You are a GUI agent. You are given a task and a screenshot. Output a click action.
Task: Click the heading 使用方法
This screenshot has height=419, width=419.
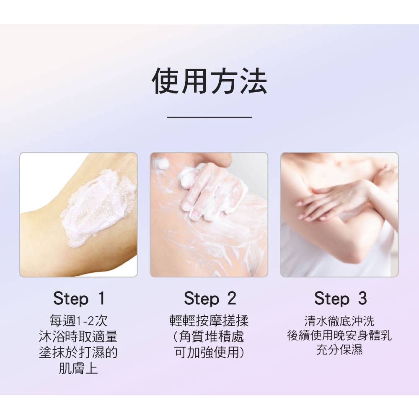pos(209,80)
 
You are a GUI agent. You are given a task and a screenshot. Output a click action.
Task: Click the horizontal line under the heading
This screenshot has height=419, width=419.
pos(209,117)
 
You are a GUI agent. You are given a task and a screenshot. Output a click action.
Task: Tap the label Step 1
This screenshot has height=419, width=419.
pos(79,298)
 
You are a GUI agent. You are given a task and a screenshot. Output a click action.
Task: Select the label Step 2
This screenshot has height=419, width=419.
pos(210,298)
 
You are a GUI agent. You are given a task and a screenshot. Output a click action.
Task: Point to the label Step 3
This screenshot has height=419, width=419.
pos(340,298)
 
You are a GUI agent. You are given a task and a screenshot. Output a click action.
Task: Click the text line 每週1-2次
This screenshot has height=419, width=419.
pos(78,321)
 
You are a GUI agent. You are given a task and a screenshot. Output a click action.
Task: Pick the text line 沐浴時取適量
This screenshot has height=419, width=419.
pos(78,336)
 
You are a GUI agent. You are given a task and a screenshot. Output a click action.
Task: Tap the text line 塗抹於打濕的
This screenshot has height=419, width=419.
pos(78,352)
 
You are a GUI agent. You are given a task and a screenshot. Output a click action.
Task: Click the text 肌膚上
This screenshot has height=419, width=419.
pos(78,368)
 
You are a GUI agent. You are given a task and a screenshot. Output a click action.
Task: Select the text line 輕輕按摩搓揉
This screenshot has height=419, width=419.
pos(209,321)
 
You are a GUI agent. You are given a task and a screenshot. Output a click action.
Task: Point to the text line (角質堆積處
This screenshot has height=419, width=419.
pos(208,336)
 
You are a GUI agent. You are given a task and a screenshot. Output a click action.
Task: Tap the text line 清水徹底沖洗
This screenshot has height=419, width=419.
pos(339,321)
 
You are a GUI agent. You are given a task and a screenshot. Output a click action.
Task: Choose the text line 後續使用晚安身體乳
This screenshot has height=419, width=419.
pos(339,335)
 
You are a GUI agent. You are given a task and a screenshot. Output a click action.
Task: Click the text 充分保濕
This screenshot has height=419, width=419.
pos(339,350)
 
